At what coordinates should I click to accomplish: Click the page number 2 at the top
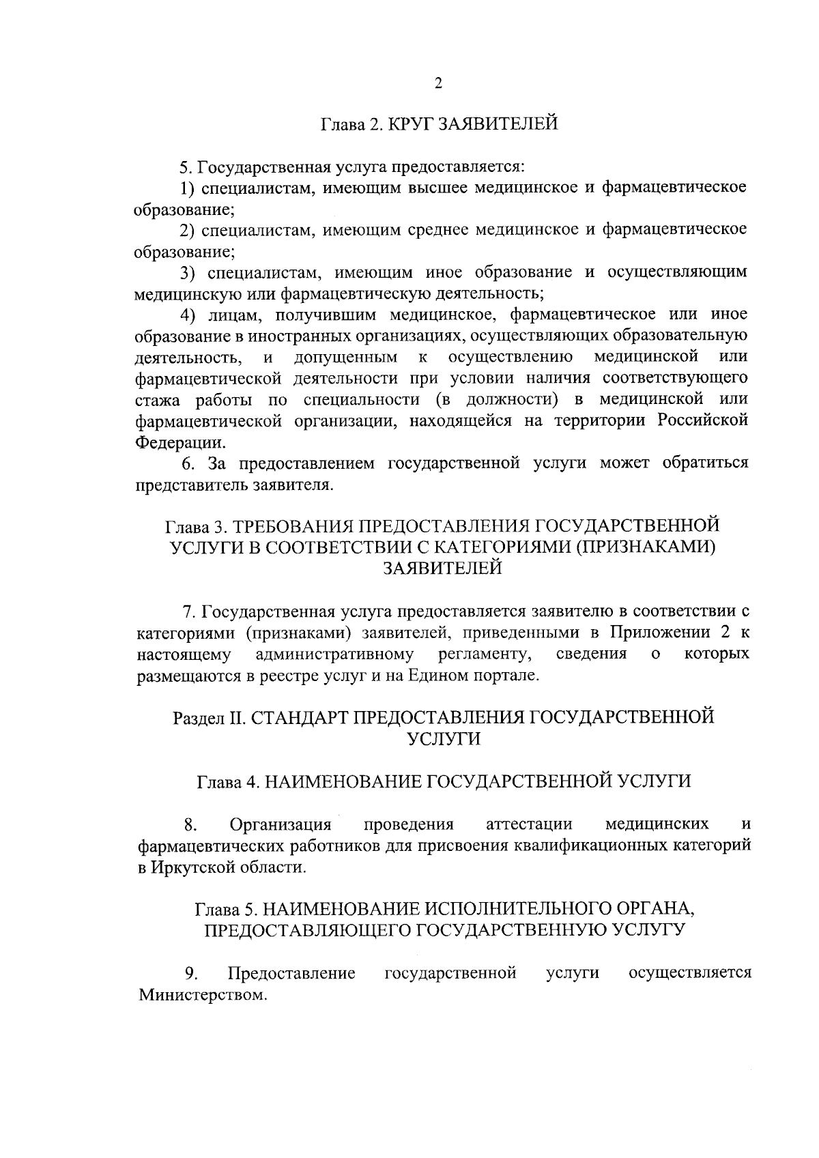tap(438, 83)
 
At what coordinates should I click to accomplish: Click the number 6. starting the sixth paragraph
tap(188, 463)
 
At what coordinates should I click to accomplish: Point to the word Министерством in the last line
tap(201, 995)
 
